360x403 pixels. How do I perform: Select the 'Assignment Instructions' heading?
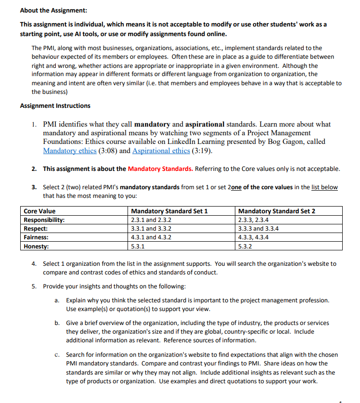(55, 105)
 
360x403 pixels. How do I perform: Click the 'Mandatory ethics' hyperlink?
(69, 151)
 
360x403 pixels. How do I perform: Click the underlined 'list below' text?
(324, 187)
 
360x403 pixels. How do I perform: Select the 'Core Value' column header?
(40, 211)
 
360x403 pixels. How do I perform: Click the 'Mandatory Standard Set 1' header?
(169, 211)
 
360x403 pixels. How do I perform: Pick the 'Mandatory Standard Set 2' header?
(277, 211)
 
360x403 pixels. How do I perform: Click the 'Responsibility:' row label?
(44, 220)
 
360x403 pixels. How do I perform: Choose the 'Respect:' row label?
(36, 228)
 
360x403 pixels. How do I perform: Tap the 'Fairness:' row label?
(36, 237)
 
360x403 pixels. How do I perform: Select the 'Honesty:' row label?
(36, 246)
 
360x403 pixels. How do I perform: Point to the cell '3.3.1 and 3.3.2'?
(151, 228)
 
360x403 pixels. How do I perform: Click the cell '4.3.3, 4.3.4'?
(254, 237)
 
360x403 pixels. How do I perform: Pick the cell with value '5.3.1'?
(139, 246)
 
